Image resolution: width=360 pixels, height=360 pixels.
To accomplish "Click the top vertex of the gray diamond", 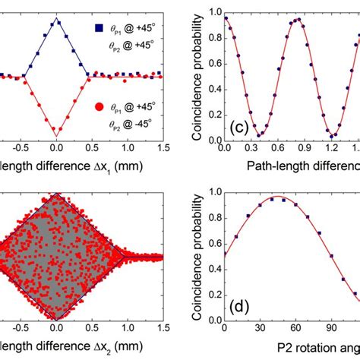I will pyautogui.click(x=55, y=194).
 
